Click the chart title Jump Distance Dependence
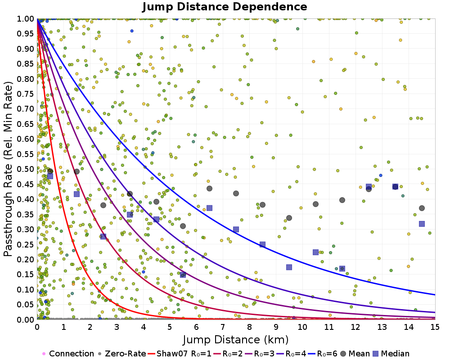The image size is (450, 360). (225, 7)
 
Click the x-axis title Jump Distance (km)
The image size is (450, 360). (236, 339)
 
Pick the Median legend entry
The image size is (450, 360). (391, 354)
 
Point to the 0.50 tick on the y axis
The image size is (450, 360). (28, 169)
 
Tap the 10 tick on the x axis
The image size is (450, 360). (302, 326)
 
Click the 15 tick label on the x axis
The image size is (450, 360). (435, 326)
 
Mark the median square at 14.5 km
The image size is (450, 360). (422, 224)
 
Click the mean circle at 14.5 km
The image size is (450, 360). (422, 208)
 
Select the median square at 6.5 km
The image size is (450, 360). (209, 208)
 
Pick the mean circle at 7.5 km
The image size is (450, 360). (236, 193)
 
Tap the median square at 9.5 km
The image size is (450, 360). (289, 267)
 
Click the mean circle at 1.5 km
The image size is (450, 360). (76, 171)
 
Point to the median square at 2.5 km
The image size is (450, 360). (103, 236)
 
